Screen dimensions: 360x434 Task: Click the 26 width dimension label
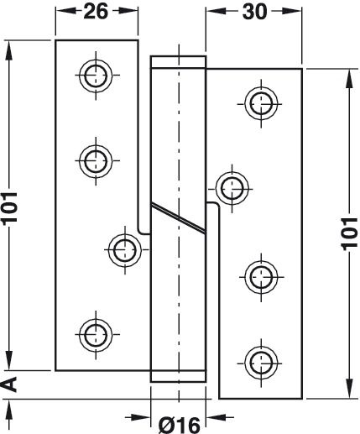click(96, 12)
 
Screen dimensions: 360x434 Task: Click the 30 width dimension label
click(254, 12)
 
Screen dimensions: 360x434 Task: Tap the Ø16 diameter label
click(180, 426)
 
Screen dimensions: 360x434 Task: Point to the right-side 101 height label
click(349, 233)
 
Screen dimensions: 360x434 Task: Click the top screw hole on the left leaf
click(96, 76)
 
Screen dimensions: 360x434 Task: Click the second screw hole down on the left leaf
click(96, 161)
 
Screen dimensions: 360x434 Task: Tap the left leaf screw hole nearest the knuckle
click(125, 249)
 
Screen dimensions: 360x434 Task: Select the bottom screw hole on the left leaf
click(96, 334)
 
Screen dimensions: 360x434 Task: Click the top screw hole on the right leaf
click(261, 103)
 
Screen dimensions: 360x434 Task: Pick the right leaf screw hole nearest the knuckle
click(232, 189)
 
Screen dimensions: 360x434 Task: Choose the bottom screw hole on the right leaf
click(261, 363)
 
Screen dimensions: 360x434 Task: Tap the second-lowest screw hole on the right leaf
click(261, 277)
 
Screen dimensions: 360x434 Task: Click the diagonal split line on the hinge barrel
click(178, 217)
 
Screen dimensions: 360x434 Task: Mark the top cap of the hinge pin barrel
click(178, 62)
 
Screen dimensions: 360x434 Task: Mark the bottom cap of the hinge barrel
click(178, 376)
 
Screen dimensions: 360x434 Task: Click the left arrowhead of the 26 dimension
click(65, 11)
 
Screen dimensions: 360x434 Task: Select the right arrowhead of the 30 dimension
click(292, 11)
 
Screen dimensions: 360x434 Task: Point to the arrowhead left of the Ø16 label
click(141, 418)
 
